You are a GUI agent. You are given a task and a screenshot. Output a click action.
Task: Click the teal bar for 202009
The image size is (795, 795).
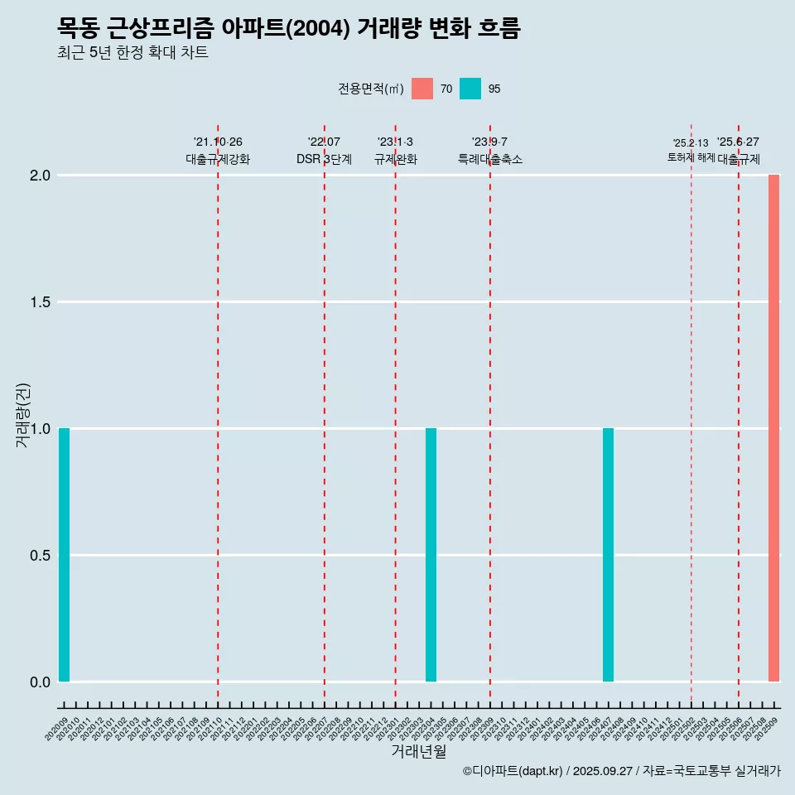point(64,555)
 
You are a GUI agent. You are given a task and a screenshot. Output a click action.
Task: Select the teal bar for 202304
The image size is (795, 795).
point(431,555)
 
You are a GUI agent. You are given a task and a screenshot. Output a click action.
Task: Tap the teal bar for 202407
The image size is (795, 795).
point(608,555)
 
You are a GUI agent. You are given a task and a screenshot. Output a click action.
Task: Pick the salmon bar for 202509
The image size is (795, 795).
point(773,428)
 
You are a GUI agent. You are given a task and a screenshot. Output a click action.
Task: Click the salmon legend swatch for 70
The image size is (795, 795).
point(422,89)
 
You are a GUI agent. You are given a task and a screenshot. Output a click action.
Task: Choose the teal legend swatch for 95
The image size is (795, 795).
point(470,89)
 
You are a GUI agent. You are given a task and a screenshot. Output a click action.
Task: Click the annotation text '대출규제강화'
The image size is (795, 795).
point(218,159)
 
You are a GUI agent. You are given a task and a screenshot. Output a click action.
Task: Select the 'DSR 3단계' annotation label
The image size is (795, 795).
point(324,159)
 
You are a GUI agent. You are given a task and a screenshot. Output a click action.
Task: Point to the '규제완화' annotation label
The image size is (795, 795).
point(396,159)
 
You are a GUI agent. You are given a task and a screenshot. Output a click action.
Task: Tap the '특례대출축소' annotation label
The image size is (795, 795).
point(490,159)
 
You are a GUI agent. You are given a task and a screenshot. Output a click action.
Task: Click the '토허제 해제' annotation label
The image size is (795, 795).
point(691,157)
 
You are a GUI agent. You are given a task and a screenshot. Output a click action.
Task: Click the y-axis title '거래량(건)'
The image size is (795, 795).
point(23,415)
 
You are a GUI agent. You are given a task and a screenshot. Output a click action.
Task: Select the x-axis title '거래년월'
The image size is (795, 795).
point(418,752)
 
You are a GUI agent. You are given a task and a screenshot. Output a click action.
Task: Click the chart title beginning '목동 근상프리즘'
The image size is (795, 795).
point(289,28)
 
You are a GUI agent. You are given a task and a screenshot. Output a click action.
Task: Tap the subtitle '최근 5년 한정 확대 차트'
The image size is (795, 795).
point(132,53)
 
